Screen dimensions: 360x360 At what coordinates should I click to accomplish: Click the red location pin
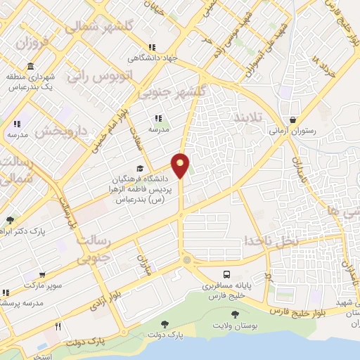[x=181, y=165]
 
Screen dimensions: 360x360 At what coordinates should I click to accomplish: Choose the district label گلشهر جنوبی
[x=173, y=92]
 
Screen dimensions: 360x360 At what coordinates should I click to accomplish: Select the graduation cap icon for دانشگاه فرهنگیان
[x=139, y=169]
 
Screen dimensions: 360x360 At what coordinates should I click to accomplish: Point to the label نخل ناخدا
[x=271, y=240]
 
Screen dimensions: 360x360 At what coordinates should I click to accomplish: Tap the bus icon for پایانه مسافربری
[x=226, y=275]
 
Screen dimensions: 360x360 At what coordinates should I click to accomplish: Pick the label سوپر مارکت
[x=41, y=285]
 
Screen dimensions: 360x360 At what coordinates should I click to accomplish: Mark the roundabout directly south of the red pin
[x=186, y=260]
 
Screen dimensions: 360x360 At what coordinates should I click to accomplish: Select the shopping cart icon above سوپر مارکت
[x=42, y=275]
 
